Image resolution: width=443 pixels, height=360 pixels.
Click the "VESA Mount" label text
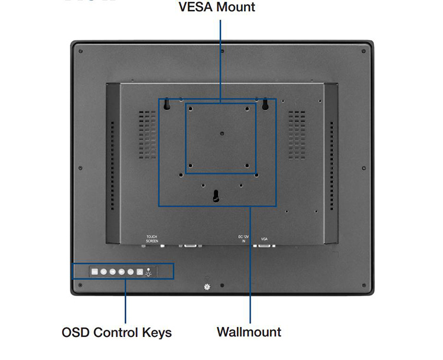[x=217, y=8]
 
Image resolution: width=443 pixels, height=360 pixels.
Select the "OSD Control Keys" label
[x=116, y=332]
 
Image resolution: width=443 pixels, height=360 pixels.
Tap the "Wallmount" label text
[x=249, y=332]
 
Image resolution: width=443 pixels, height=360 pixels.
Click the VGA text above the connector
[x=265, y=239]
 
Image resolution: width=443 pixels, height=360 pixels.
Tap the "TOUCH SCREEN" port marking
[x=152, y=239]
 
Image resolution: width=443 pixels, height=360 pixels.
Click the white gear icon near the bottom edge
[x=207, y=287]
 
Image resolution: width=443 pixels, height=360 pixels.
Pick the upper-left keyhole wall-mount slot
[x=167, y=104]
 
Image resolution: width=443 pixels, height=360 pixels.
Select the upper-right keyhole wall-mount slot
[x=265, y=104]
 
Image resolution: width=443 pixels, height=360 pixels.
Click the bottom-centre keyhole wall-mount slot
[x=217, y=196]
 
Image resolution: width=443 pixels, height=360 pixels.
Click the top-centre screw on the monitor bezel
[x=221, y=51]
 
